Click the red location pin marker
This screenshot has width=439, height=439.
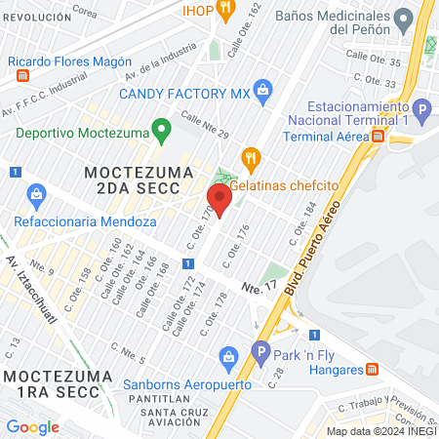coord(219,199)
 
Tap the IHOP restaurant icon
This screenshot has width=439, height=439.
coord(224,9)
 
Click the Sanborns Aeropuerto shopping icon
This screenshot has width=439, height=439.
coord(229,355)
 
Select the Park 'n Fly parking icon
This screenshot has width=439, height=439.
coord(260,351)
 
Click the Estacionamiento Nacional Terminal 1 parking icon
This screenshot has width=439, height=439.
coord(421,109)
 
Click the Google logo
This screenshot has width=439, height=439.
coord(32,426)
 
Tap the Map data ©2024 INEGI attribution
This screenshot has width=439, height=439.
coord(380,431)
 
